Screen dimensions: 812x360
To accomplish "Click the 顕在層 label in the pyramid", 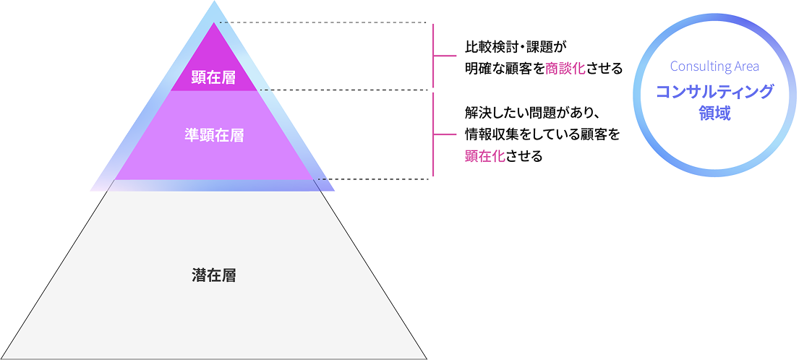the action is tap(213, 77).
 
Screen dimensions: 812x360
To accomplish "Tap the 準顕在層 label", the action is tap(214, 135).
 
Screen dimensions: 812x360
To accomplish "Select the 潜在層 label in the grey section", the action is tap(214, 275).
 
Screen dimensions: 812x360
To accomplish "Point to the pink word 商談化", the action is tap(565, 69).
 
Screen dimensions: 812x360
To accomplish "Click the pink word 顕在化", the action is tap(484, 156).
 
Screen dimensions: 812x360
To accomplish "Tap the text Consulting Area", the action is tap(714, 67).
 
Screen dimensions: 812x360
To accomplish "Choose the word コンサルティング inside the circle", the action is tap(714, 93).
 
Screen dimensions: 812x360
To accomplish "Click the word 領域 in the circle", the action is tap(714, 113).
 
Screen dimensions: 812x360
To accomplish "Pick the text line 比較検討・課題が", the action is tap(513, 46).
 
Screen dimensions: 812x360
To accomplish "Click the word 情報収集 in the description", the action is tap(491, 134).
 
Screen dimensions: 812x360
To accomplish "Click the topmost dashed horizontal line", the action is tap(323, 23).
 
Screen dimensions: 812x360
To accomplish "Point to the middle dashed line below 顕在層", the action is tap(343, 90).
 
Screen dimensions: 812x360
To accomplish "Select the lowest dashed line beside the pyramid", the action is tap(373, 179).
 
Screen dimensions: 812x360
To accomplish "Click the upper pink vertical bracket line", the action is tap(433, 56).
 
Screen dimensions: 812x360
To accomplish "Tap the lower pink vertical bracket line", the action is tap(433, 134).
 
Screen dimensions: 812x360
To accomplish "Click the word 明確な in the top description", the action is tap(484, 69).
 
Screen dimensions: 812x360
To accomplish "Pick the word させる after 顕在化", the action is tap(523, 156).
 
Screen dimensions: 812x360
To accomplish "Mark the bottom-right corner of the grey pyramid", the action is tap(427, 359).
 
